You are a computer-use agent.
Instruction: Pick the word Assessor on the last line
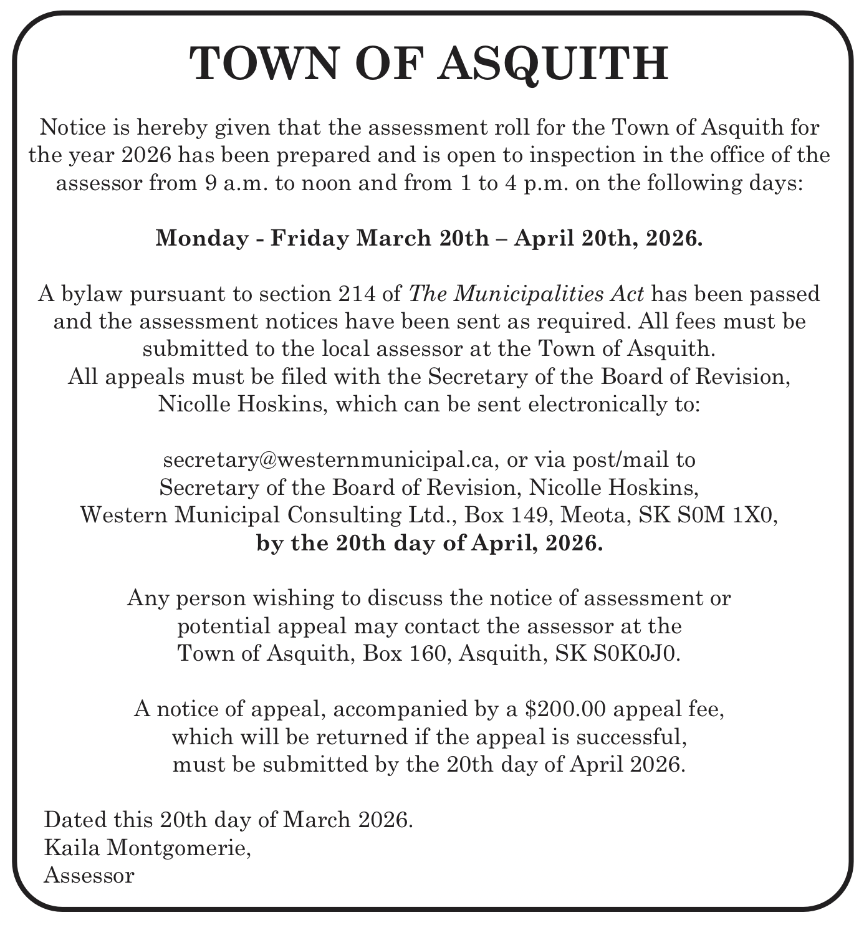point(89,875)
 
